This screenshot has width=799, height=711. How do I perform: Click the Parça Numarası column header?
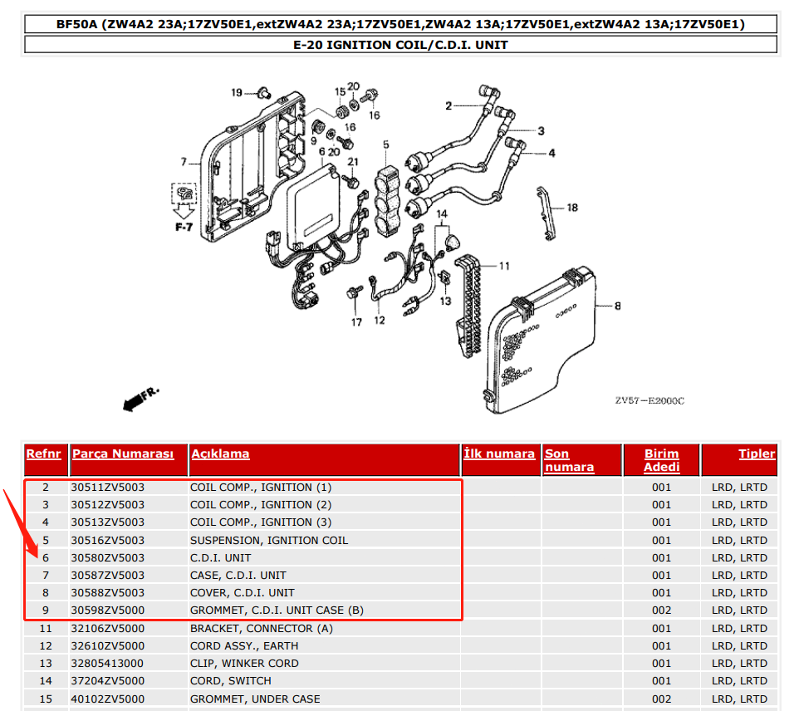click(x=123, y=454)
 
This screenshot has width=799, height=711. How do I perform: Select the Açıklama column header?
click(x=220, y=454)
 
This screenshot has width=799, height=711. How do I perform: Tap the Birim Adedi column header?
click(x=661, y=460)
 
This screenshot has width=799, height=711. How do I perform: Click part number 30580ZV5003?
click(x=107, y=558)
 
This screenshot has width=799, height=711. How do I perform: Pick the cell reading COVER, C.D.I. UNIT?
click(x=242, y=593)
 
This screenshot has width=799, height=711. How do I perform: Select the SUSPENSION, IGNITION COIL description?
click(x=268, y=541)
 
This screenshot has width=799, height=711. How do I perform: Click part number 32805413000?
click(x=107, y=664)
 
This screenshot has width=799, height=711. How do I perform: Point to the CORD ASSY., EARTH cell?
click(x=244, y=646)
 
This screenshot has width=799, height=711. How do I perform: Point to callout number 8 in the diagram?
click(x=617, y=307)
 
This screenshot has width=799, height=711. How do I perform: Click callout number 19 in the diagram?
click(x=236, y=92)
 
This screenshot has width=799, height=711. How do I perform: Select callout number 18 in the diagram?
click(x=571, y=208)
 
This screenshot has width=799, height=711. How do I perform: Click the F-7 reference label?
click(x=183, y=226)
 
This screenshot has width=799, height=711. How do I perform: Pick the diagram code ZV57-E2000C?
click(x=649, y=400)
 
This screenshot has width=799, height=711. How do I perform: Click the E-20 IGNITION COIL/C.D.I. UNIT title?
click(x=400, y=45)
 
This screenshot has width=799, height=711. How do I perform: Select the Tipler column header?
click(x=757, y=454)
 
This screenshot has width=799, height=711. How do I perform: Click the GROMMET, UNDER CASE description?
click(x=254, y=699)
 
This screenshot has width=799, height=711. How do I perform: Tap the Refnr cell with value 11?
click(x=46, y=629)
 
